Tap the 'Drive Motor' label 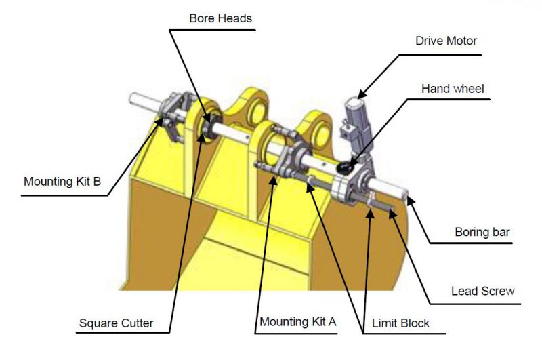[446, 41]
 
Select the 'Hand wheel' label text [452, 89]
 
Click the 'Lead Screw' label [482, 292]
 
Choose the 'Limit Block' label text [400, 323]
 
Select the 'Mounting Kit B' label [62, 182]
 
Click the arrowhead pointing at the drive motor [361, 94]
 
